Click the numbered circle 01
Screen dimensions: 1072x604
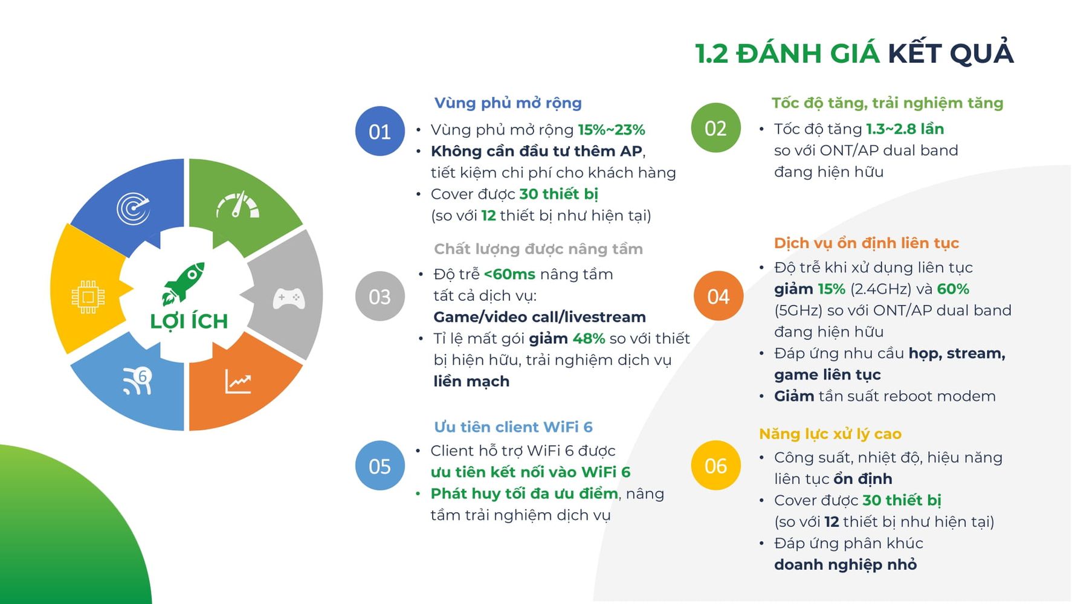click(380, 131)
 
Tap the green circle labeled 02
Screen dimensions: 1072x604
click(715, 127)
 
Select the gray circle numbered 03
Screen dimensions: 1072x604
click(380, 296)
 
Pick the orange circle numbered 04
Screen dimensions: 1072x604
click(718, 296)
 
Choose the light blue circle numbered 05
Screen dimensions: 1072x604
click(380, 465)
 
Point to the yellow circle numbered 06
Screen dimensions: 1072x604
click(715, 465)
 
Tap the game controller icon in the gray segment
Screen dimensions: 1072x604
click(288, 298)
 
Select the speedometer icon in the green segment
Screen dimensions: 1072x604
click(237, 205)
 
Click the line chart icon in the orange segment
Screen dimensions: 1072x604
click(238, 381)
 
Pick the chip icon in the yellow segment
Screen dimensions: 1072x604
click(88, 297)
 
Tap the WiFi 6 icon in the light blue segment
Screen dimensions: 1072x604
click(137, 381)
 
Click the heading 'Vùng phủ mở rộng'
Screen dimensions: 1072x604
click(508, 103)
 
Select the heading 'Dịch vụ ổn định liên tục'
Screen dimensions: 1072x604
click(867, 243)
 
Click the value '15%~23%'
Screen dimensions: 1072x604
click(612, 130)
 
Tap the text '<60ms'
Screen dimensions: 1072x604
click(509, 274)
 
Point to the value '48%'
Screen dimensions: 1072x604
click(589, 338)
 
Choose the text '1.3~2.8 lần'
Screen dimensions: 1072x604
click(905, 129)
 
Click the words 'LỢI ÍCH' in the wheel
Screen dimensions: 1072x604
click(189, 321)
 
